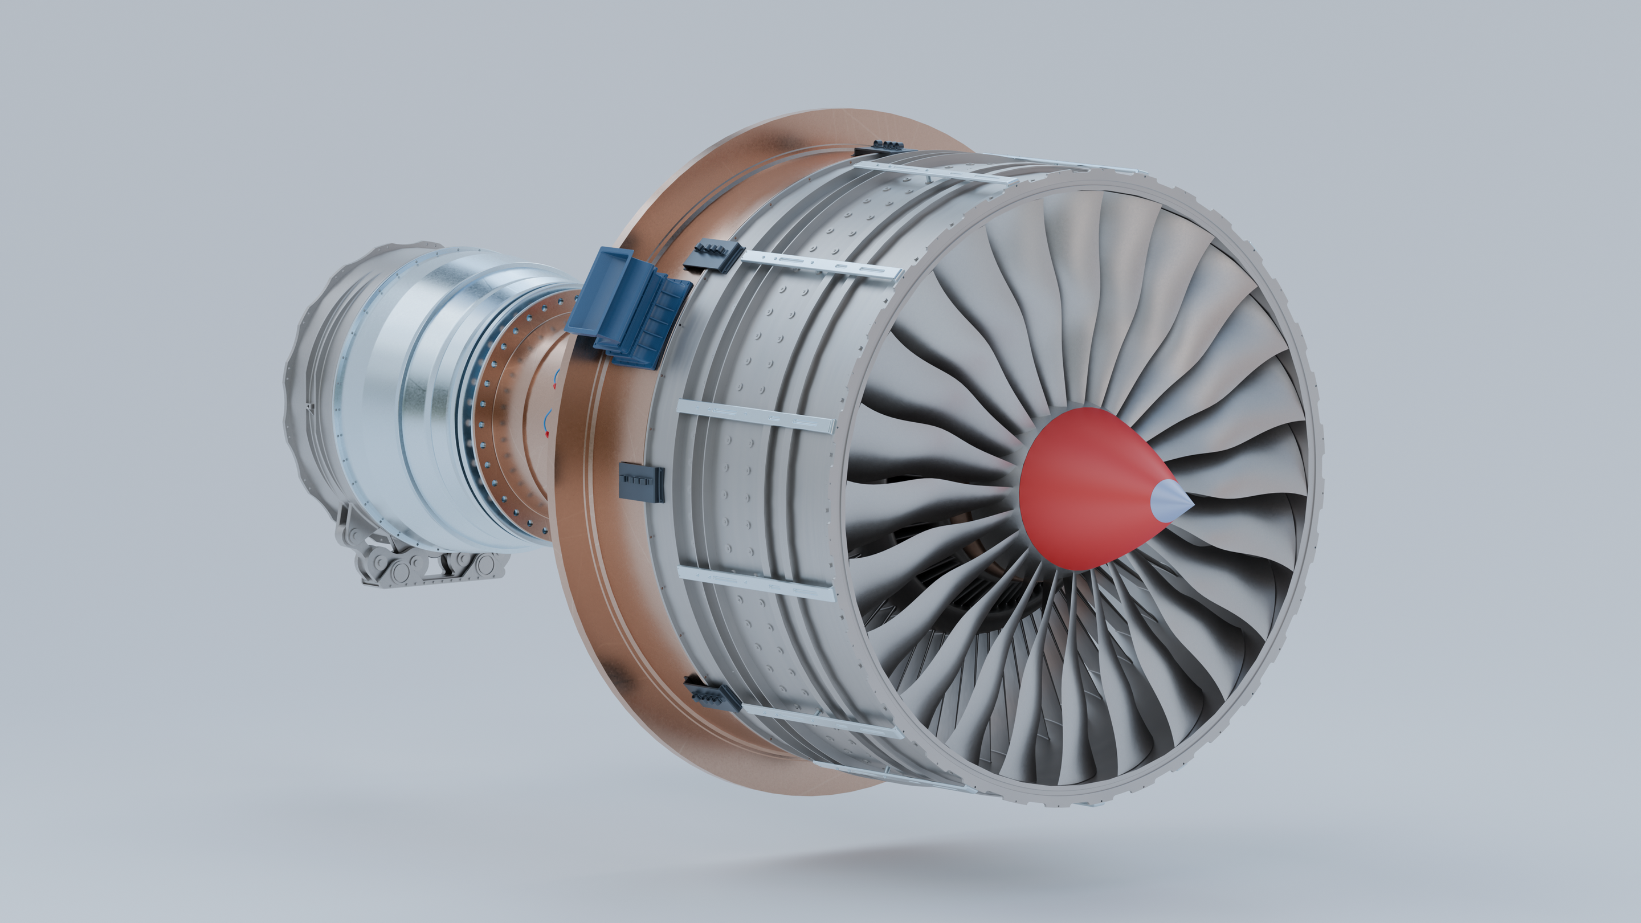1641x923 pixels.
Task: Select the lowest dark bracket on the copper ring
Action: (712, 695)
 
